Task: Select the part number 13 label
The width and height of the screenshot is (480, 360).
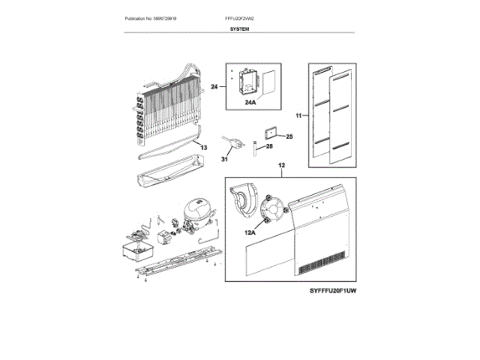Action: click(202, 148)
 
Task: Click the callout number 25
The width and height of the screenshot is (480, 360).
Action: click(289, 136)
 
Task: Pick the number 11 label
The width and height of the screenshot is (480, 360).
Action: click(298, 116)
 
